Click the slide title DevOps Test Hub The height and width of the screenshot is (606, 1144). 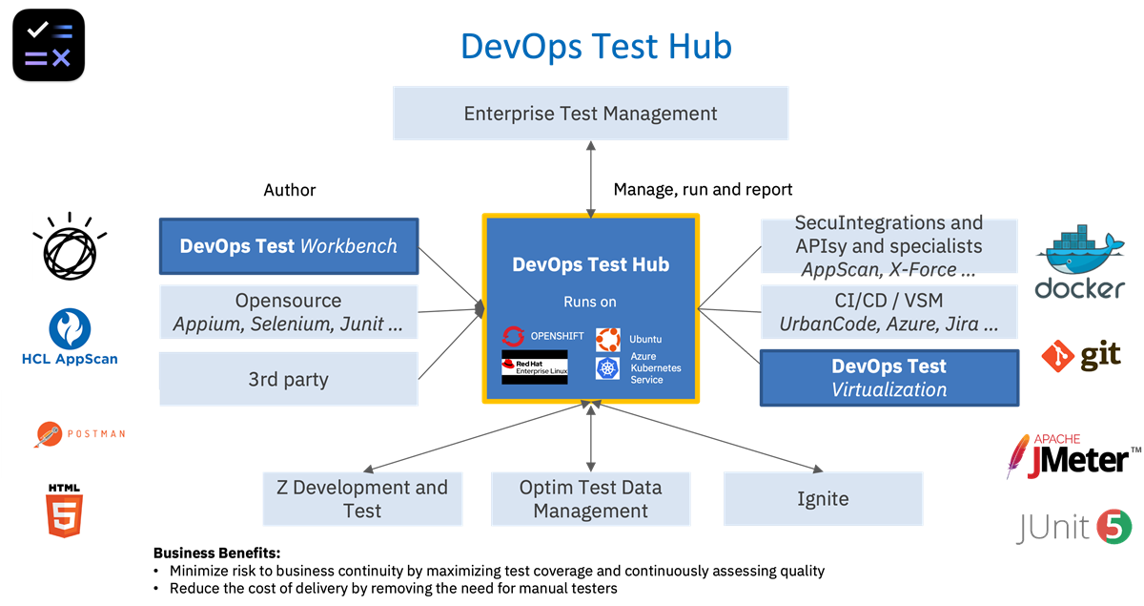[x=596, y=46]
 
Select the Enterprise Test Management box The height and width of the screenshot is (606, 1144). [x=590, y=114]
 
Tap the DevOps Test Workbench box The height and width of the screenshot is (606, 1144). [x=289, y=245]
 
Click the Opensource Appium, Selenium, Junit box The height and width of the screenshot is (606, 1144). [x=289, y=312]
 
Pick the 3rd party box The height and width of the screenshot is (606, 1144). [x=289, y=379]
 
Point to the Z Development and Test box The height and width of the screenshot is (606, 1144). [x=362, y=498]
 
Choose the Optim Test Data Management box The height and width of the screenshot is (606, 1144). [x=590, y=498]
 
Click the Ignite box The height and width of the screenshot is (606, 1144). [x=823, y=498]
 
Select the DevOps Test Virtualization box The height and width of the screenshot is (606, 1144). [x=889, y=378]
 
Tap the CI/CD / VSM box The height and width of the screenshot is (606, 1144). [x=889, y=312]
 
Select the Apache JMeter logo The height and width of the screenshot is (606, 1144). [x=1072, y=456]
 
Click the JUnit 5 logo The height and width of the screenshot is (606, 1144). [x=1073, y=527]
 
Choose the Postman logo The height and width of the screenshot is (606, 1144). [x=78, y=434]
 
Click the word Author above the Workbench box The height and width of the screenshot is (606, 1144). [x=289, y=190]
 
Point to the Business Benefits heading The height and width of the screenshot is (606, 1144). [x=216, y=553]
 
